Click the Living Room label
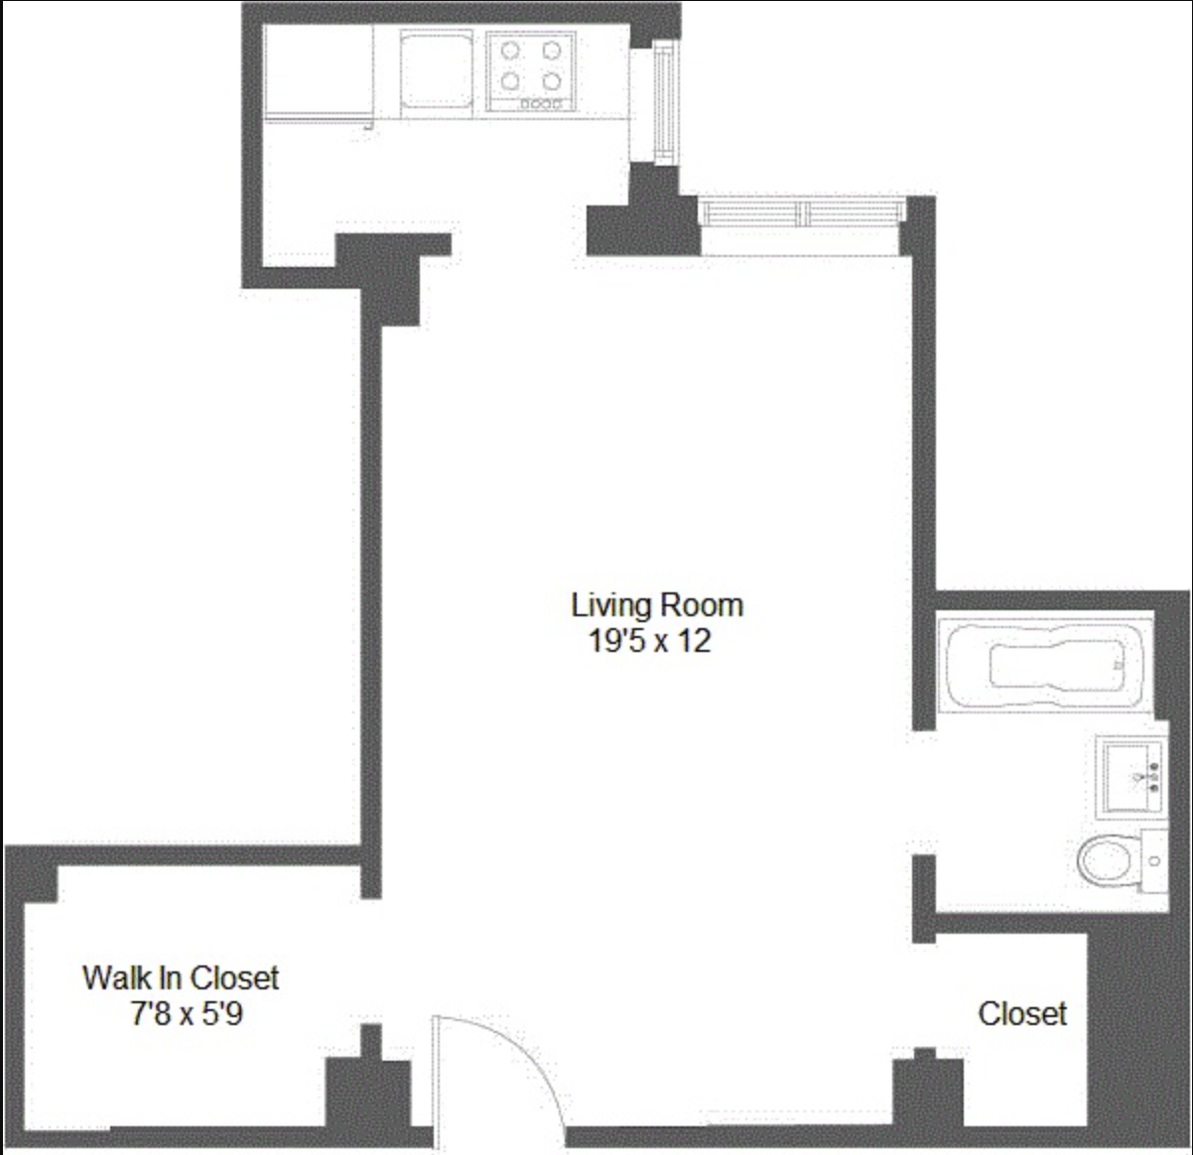click(656, 604)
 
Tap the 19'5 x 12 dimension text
click(650, 641)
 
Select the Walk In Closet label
click(181, 977)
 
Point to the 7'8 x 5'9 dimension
click(187, 1014)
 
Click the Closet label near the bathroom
click(1022, 1013)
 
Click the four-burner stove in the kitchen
click(531, 70)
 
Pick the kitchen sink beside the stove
click(436, 68)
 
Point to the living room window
click(802, 211)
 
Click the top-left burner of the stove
click(510, 51)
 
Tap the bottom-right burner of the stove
click(552, 81)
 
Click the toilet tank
click(1153, 861)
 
